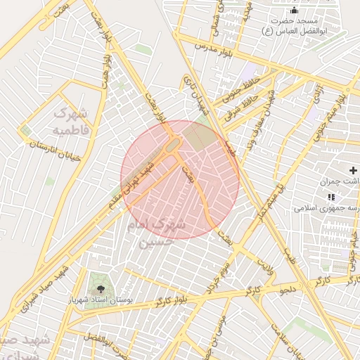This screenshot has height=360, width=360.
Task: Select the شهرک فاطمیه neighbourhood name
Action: click(x=71, y=122)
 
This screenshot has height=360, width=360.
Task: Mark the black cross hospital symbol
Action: click(x=354, y=171)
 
